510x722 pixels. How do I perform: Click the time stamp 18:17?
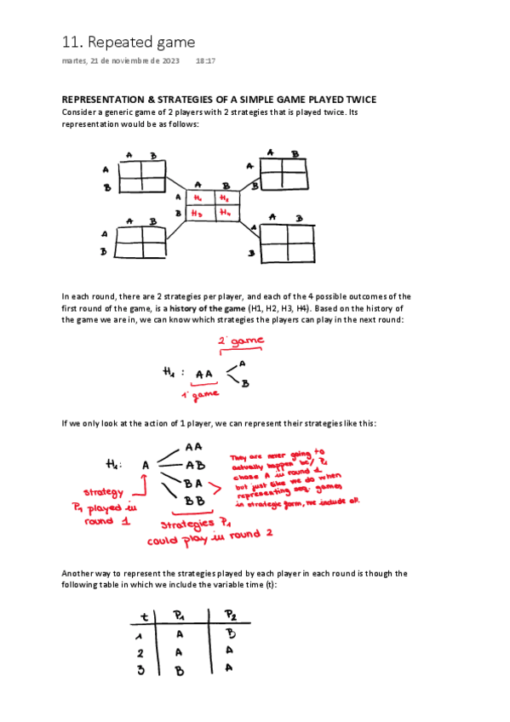pyautogui.click(x=205, y=61)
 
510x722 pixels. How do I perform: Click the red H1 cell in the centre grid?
pyautogui.click(x=198, y=198)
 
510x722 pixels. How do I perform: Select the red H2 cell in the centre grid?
pyautogui.click(x=225, y=198)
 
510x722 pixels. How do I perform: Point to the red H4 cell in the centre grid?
pyautogui.click(x=225, y=213)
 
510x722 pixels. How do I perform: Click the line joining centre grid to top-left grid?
pyautogui.click(x=175, y=185)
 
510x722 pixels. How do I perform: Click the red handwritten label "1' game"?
pyautogui.click(x=201, y=394)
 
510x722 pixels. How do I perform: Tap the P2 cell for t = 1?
pyautogui.click(x=232, y=633)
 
